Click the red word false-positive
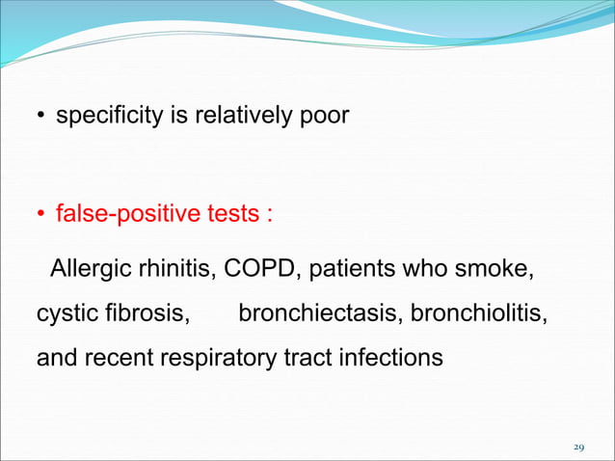pos(118,212)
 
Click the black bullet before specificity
pos(41,119)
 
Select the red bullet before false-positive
pos(41,214)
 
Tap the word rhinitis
pos(177,267)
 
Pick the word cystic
pos(66,313)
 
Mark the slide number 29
pos(578,447)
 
